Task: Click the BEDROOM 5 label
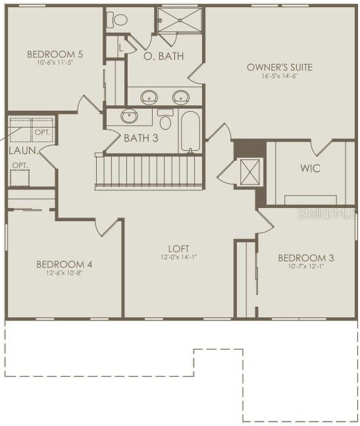(x=55, y=54)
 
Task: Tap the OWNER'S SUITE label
(x=279, y=67)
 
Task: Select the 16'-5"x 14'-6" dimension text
(x=279, y=76)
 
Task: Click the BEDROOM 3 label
(x=305, y=257)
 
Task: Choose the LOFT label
(x=178, y=248)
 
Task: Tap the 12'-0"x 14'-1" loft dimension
(x=178, y=257)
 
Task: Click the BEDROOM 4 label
(x=64, y=264)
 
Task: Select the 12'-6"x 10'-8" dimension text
(x=64, y=273)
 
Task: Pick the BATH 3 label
(x=141, y=138)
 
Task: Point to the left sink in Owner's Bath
(x=149, y=97)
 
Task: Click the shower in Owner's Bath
(x=180, y=22)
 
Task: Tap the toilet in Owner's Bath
(x=119, y=19)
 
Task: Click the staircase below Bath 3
(x=148, y=172)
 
